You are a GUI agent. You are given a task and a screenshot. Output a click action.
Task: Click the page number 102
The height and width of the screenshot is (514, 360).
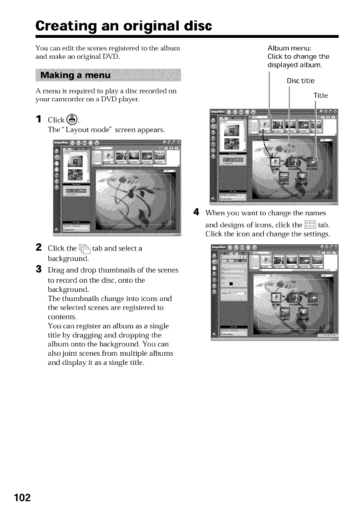(21, 497)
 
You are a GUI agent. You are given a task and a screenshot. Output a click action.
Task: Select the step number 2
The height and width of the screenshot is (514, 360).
(39, 248)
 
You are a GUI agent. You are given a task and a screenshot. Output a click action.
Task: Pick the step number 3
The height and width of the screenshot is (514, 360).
(39, 270)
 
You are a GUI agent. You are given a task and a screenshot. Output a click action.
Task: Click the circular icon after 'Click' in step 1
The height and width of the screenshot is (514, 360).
(72, 120)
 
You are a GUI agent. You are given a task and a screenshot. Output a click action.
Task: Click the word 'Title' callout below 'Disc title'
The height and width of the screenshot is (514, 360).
(320, 96)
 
